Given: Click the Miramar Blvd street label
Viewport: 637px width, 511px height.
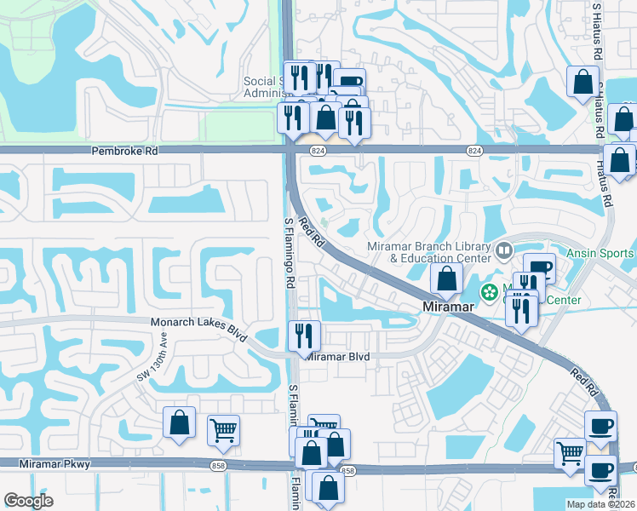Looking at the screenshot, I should (x=337, y=357).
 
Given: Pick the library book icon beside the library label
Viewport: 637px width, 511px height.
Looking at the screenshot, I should (x=503, y=250).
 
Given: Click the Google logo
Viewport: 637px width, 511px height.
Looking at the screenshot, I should (x=28, y=500).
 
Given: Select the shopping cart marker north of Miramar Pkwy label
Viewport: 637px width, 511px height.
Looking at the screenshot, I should (x=223, y=430).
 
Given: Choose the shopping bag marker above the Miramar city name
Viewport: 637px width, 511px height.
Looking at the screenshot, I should (x=446, y=278).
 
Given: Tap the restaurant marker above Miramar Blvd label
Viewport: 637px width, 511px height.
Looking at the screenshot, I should (x=304, y=335).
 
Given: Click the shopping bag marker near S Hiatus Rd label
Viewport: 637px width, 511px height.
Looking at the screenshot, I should (x=583, y=83).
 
